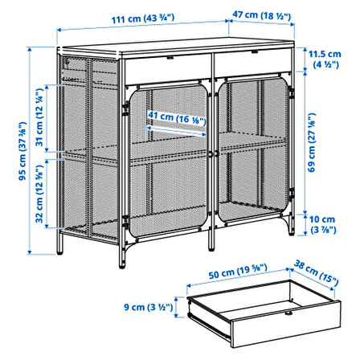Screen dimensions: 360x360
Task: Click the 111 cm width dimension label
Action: point(143,18)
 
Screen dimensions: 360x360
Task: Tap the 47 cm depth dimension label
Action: point(261,15)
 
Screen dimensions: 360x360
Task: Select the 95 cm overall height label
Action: point(22,151)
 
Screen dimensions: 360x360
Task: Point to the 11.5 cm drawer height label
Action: point(325,59)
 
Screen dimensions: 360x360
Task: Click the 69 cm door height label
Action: point(312,143)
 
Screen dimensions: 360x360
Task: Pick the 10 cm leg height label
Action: point(322,224)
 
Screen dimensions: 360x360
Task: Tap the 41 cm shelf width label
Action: point(177,118)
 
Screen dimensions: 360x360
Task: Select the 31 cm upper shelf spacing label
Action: point(39,117)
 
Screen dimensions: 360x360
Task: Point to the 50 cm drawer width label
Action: point(238,271)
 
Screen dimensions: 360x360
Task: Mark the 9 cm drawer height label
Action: point(148,307)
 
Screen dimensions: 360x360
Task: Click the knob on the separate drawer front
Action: point(288,313)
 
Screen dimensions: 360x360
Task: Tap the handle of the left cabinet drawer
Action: point(170,57)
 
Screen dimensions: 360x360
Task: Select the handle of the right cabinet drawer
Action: point(255,51)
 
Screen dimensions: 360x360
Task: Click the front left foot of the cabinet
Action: point(122,264)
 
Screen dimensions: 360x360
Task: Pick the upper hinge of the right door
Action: point(292,93)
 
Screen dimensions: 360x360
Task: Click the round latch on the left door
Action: point(211,154)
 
